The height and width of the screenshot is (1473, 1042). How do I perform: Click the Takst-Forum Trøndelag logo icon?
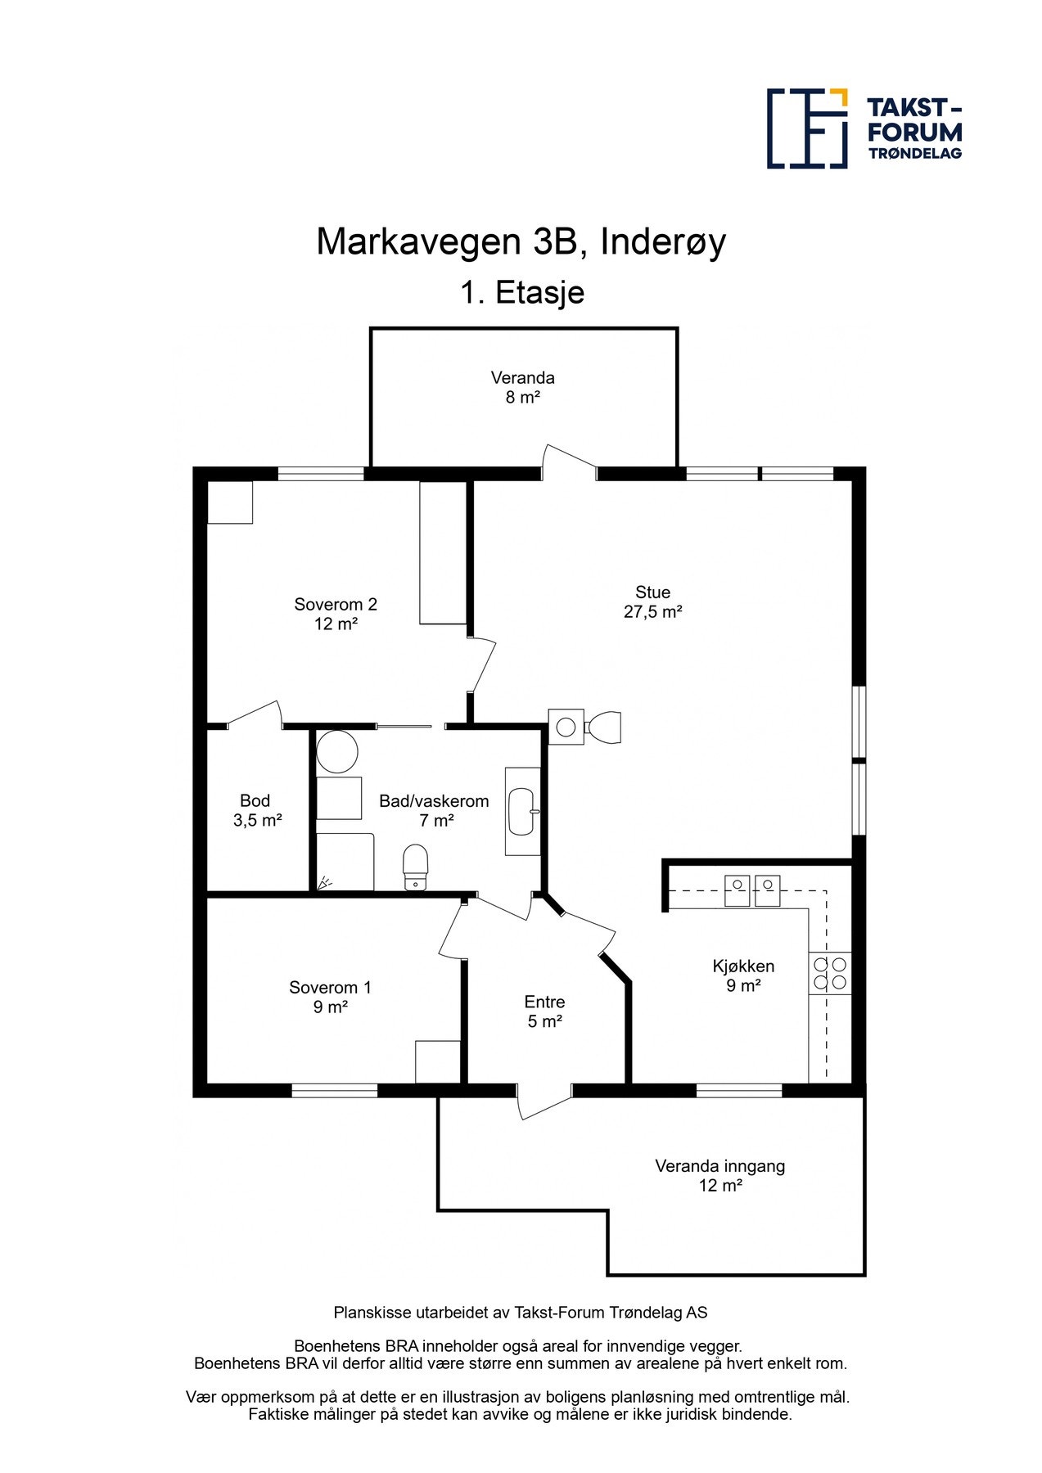(807, 128)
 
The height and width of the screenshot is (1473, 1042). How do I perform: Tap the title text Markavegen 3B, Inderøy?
(521, 242)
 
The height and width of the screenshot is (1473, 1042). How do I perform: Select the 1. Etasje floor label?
(522, 292)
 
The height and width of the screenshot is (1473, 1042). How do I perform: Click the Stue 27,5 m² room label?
(653, 601)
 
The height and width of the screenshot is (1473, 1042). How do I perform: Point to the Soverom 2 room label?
(336, 614)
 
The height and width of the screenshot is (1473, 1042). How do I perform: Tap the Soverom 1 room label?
(330, 997)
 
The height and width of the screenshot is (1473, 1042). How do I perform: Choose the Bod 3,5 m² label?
(257, 810)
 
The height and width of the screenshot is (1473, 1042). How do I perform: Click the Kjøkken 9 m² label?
(743, 975)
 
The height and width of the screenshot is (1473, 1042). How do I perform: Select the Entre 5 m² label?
(544, 1011)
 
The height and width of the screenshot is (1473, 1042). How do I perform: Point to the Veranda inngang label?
(720, 1175)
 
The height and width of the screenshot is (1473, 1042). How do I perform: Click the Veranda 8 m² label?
(522, 387)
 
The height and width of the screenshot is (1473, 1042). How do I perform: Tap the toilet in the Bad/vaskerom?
(416, 867)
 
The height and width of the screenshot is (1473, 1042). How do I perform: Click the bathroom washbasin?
(521, 811)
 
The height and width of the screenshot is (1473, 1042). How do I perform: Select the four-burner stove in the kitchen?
(830, 973)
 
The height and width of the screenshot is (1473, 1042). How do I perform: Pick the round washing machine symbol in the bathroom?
(337, 752)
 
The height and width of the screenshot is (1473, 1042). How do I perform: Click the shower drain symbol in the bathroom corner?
(325, 882)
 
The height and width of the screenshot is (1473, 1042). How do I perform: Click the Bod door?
(255, 713)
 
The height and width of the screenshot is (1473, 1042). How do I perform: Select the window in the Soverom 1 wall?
(335, 1090)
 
